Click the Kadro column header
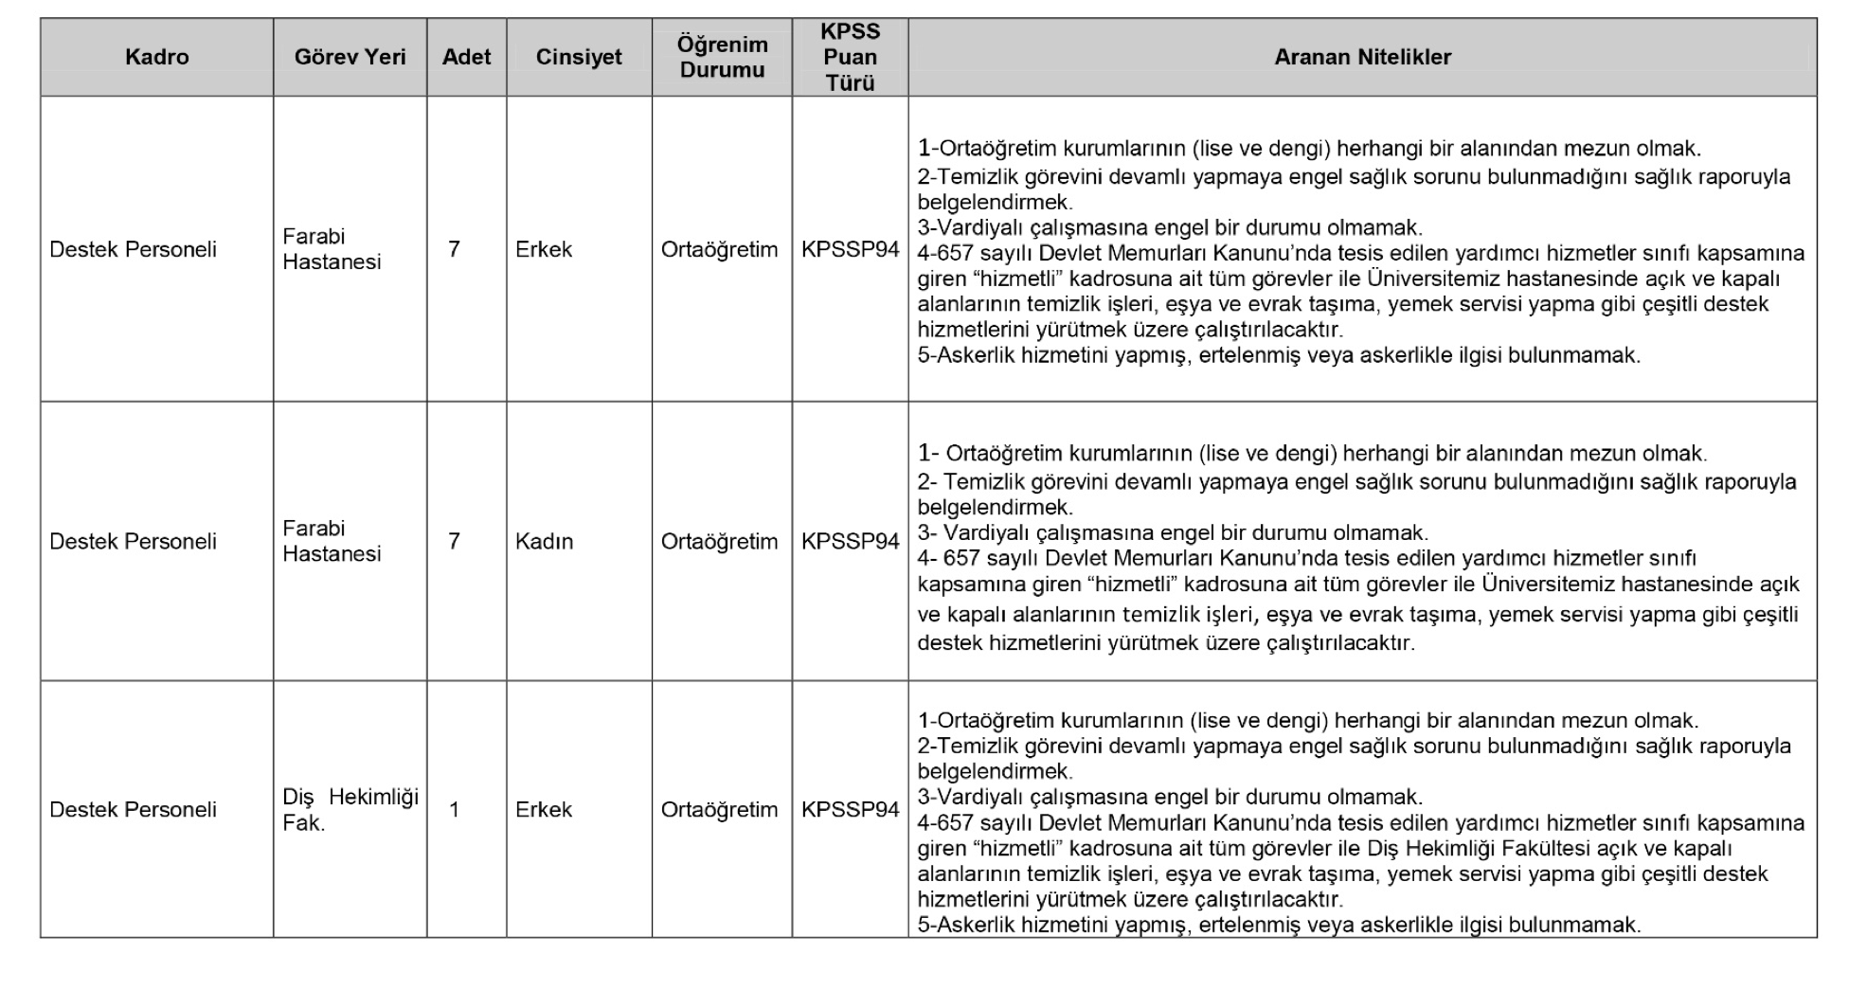tap(156, 57)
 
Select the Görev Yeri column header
tap(350, 57)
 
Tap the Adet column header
tap(466, 57)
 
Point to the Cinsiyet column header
tap(579, 57)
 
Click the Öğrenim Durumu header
tap(722, 57)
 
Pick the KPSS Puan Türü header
tap(850, 57)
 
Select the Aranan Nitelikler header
tap(1362, 57)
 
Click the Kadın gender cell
tap(544, 541)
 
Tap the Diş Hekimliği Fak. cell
tap(350, 809)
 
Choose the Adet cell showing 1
tap(454, 809)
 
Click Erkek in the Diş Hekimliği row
tap(544, 809)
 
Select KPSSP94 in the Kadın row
tap(850, 541)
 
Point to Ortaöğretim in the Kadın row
tap(719, 541)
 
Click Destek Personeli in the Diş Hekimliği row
tap(133, 809)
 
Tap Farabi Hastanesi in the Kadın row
tap(332, 541)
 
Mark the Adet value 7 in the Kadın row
tap(454, 541)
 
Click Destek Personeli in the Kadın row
tap(133, 541)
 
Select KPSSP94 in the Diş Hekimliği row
tap(850, 809)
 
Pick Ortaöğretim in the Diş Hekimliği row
tap(719, 809)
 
